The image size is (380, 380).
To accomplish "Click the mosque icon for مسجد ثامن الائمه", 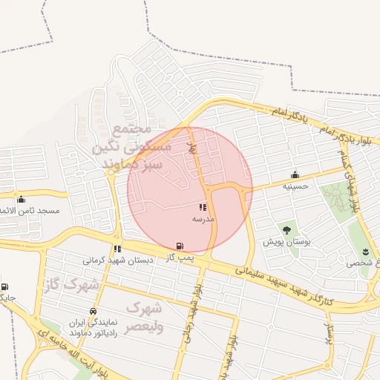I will (x=21, y=199).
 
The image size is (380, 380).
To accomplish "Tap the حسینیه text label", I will (x=294, y=186).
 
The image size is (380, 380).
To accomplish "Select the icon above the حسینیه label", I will (x=295, y=175).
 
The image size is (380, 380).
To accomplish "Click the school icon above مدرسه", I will (x=203, y=208).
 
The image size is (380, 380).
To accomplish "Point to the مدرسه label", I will (x=203, y=219).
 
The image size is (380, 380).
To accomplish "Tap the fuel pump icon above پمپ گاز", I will (x=179, y=246).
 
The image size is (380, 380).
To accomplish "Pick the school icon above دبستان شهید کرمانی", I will (x=117, y=249).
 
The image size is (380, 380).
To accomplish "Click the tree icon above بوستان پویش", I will (x=286, y=230).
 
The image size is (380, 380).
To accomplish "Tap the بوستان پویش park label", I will (x=286, y=242).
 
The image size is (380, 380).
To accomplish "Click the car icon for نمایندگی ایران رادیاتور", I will (x=93, y=311).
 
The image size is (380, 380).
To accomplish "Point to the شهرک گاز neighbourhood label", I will (x=71, y=285).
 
